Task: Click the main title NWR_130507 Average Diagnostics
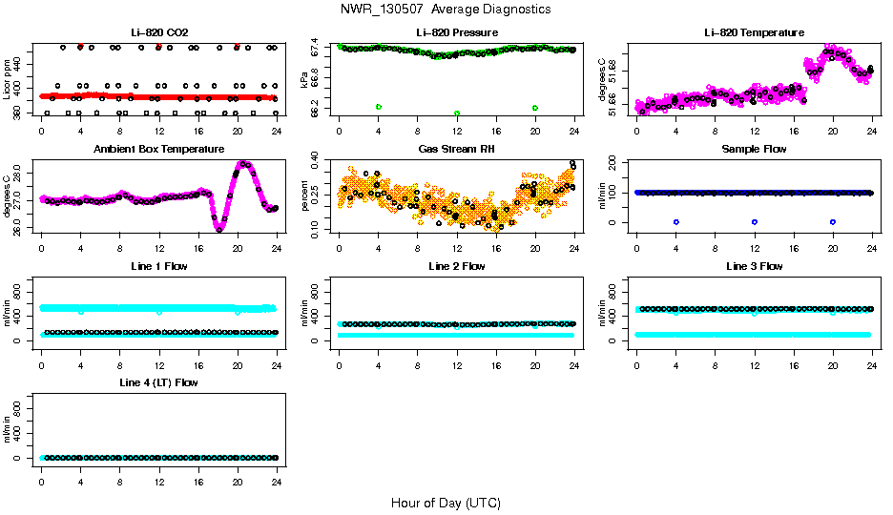(446, 10)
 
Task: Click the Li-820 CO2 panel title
(158, 32)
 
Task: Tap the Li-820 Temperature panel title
(754, 32)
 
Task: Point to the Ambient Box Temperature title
(158, 149)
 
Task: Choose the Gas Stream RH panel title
(457, 149)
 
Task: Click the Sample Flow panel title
(754, 149)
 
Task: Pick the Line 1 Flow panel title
(158, 266)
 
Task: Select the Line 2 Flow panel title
(457, 266)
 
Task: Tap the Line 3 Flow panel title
(754, 266)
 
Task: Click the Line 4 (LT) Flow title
(158, 383)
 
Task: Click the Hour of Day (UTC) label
(446, 503)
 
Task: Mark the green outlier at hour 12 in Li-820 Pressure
(457, 113)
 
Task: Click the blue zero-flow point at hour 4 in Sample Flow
(675, 221)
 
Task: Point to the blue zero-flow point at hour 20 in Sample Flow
(833, 221)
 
